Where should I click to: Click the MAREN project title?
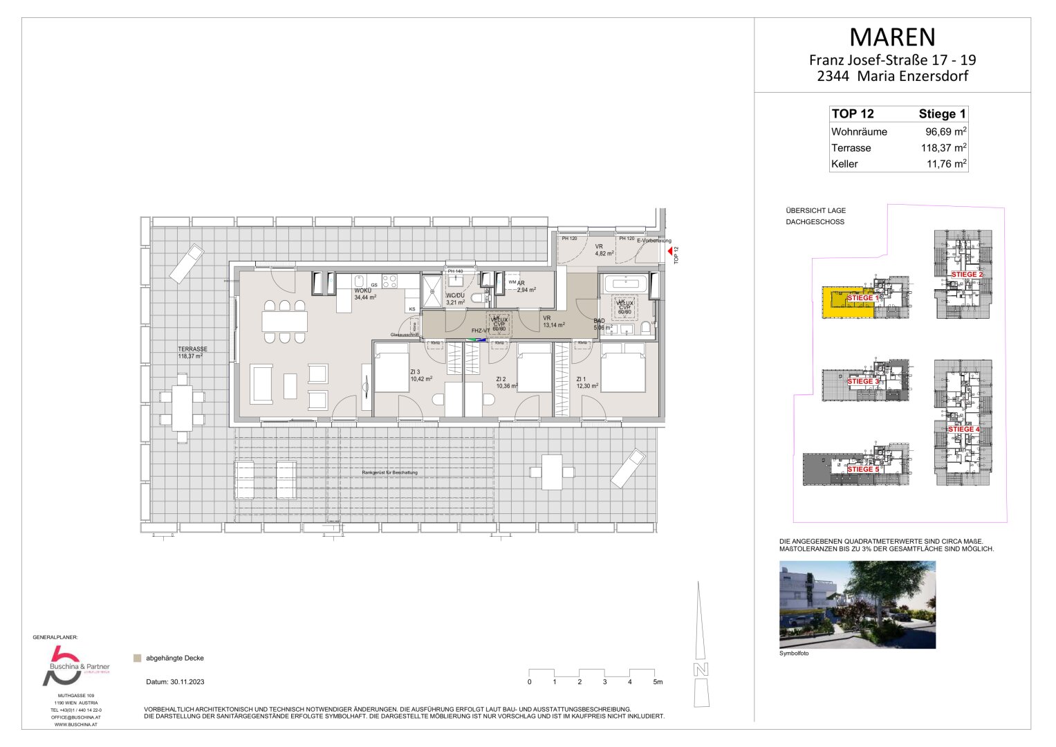(x=892, y=37)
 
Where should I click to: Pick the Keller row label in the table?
(x=844, y=164)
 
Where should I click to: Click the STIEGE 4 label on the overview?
(x=963, y=430)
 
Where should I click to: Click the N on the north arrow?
(x=701, y=670)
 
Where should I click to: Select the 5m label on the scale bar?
(x=657, y=682)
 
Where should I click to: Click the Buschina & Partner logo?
(x=73, y=665)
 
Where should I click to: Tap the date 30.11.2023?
(x=175, y=682)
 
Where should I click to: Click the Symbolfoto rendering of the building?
(x=857, y=605)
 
